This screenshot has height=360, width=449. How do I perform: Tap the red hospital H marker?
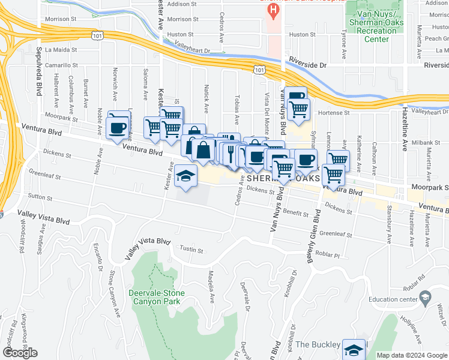point(274,10)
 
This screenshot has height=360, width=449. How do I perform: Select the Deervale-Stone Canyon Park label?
point(157,297)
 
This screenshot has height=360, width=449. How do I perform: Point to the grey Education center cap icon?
point(425,297)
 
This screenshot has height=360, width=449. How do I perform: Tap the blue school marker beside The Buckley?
point(354,349)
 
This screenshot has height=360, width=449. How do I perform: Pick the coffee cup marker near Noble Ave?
point(116,127)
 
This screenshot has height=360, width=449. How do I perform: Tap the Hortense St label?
point(334,113)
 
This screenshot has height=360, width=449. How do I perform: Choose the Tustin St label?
point(192,250)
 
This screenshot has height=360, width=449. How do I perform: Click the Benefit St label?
point(295,213)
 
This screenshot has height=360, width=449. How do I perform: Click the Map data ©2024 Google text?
point(411,355)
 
